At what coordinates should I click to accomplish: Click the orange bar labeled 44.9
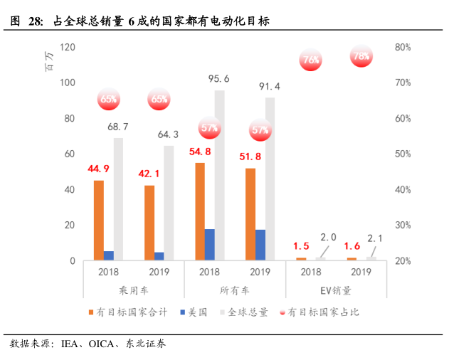tap(99, 221)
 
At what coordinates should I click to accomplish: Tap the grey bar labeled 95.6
tap(219, 175)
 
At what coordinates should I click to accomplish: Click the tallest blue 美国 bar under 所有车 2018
tap(209, 245)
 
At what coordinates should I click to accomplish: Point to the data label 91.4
tap(269, 87)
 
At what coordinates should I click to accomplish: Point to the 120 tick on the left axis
tap(68, 47)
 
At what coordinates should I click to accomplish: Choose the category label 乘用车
tap(133, 290)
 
